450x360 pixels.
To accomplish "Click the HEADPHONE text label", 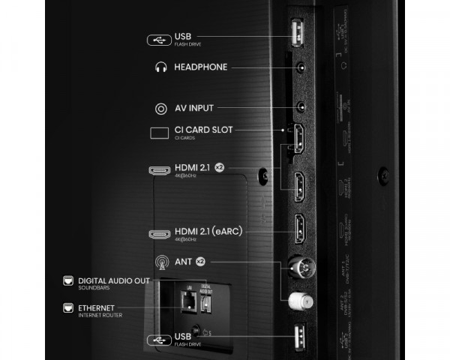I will point(200,67).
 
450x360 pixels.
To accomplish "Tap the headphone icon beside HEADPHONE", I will point(159,67).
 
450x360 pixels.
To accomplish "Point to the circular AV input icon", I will point(160,109).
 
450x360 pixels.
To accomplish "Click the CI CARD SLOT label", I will point(203,130).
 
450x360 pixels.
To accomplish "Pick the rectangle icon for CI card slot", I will point(160,133).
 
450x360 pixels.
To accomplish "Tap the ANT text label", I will point(184,262).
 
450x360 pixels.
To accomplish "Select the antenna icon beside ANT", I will point(160,262).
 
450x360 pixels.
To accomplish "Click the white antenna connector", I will point(298,301).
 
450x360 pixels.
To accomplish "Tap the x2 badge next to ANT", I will point(201,262).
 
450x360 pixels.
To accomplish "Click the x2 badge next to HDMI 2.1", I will point(219,166).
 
